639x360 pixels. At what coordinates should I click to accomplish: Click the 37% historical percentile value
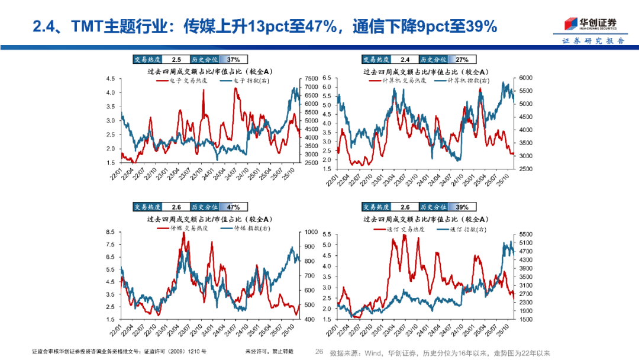click(x=233, y=60)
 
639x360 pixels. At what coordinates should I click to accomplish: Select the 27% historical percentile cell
click(x=462, y=60)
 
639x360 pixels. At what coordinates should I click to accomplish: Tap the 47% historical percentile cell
click(x=233, y=207)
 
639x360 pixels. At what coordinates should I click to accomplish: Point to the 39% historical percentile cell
click(x=462, y=207)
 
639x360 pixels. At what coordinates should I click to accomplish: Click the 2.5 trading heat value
click(x=176, y=60)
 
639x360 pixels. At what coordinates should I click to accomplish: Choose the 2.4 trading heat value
click(x=405, y=60)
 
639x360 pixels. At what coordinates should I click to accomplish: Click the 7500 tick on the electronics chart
click(x=310, y=79)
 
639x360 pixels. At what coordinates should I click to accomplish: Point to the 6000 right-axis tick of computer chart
click(x=527, y=78)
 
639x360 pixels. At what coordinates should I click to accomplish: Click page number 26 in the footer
click(x=319, y=352)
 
